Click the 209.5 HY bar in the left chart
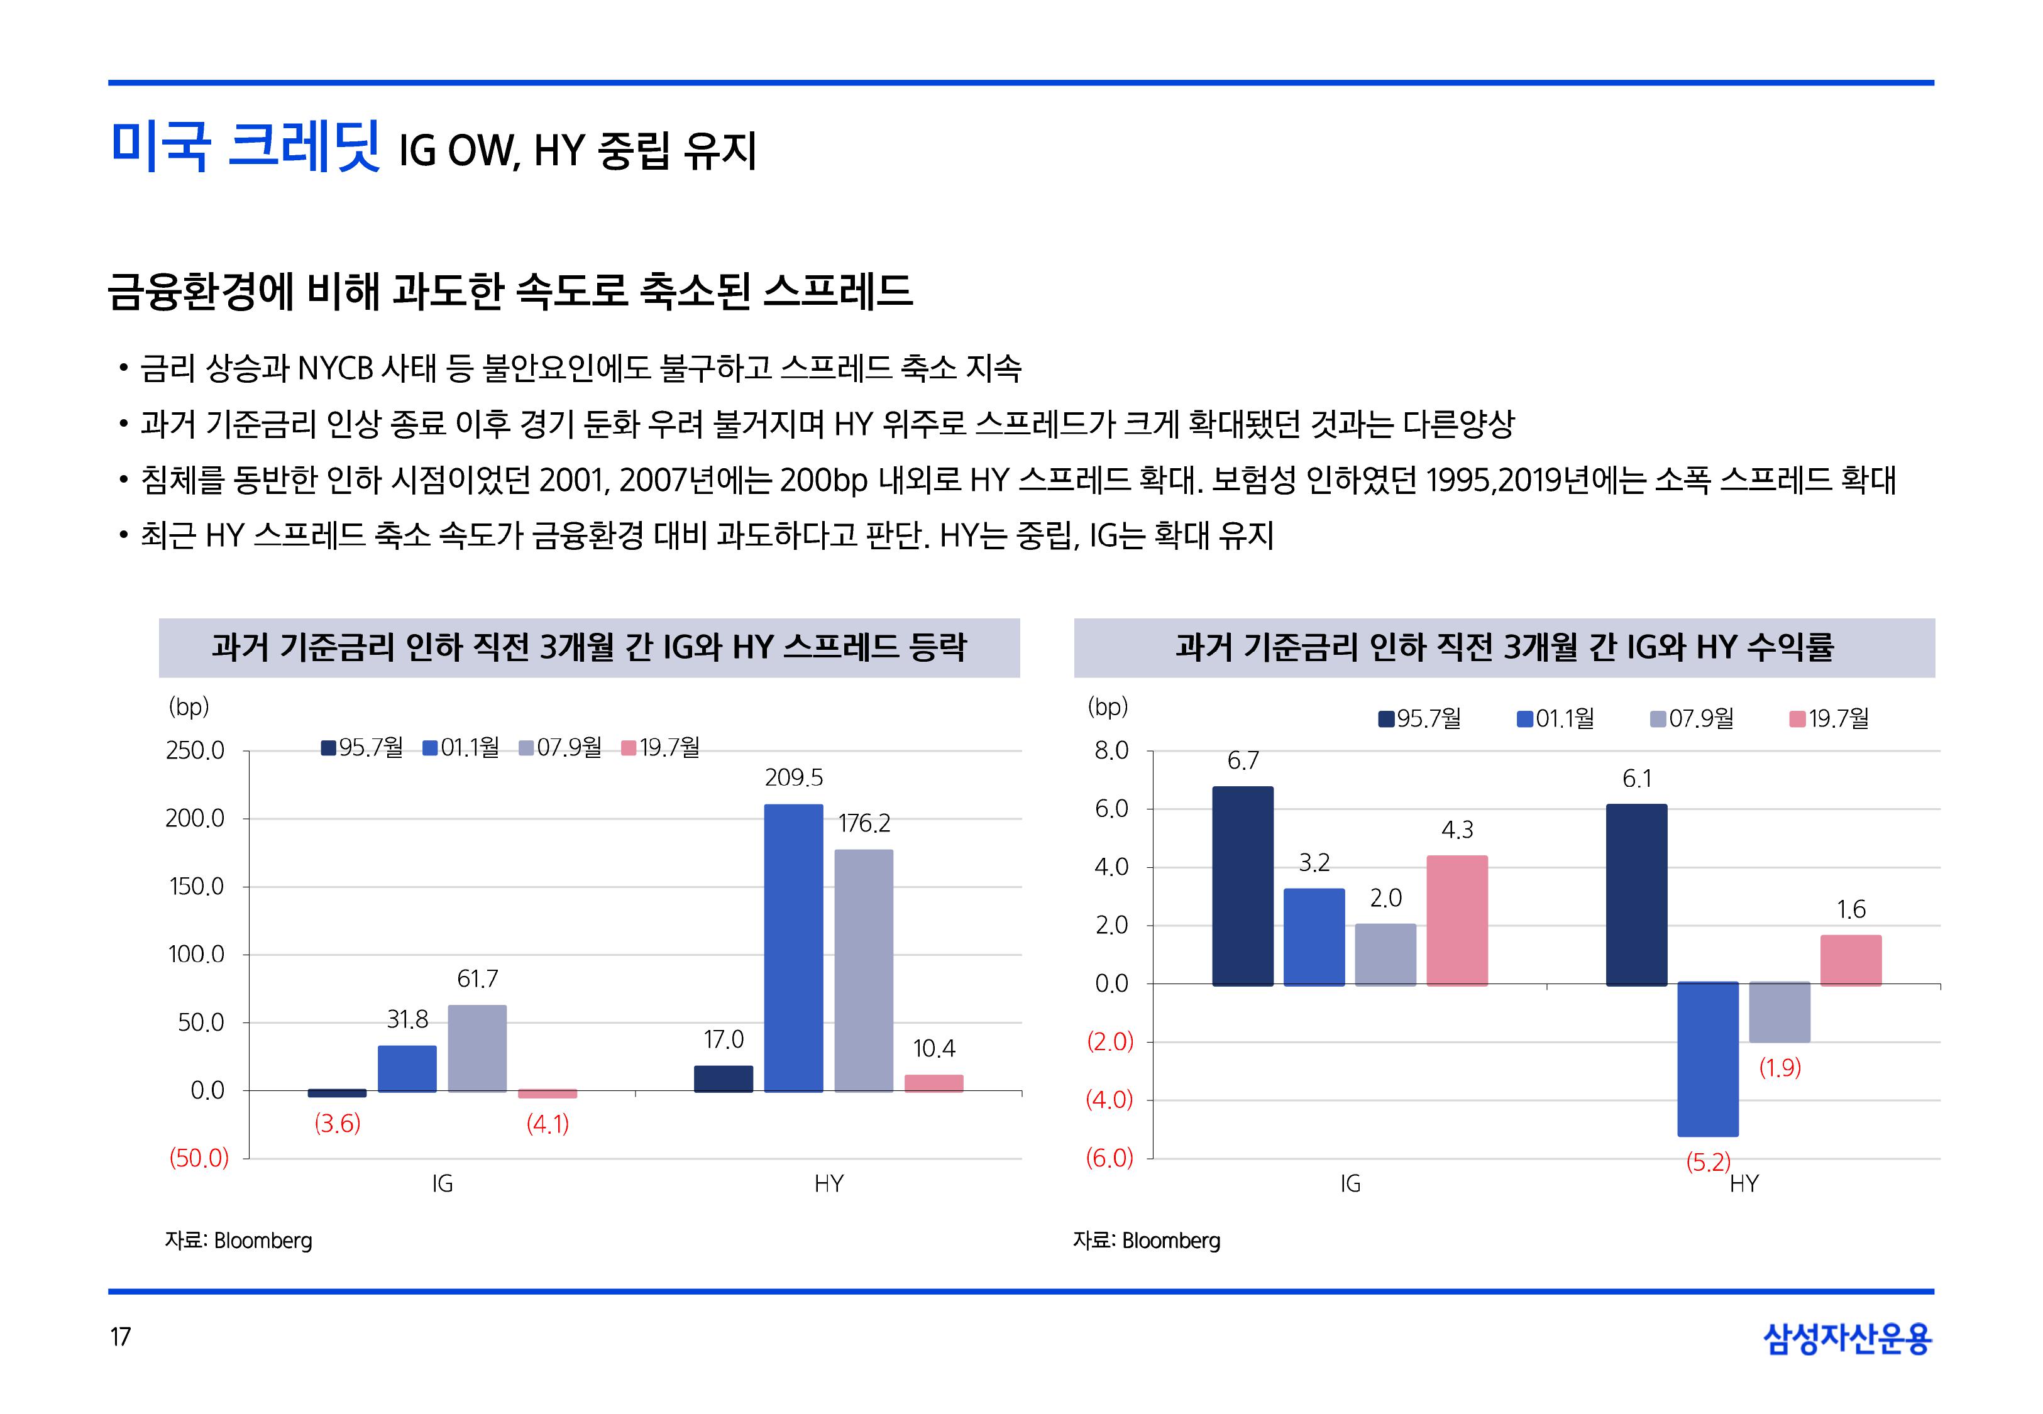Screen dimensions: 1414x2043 (x=793, y=947)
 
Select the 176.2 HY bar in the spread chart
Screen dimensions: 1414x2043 (x=863, y=970)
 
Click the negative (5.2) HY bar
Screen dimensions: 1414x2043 (x=1707, y=1059)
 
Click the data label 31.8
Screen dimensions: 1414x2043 (x=407, y=1020)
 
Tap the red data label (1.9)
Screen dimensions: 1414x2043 (x=1779, y=1068)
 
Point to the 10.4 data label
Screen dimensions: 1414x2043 (x=933, y=1049)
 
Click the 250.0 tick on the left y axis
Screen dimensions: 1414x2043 (x=195, y=750)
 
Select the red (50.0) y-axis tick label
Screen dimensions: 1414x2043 (x=199, y=1158)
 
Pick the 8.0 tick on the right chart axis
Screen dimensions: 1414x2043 (x=1111, y=750)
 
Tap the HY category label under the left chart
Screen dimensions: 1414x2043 (x=829, y=1183)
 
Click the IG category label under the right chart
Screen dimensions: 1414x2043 (x=1349, y=1183)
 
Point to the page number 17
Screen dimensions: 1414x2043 (x=121, y=1336)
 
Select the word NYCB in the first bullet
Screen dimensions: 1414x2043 (x=335, y=368)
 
